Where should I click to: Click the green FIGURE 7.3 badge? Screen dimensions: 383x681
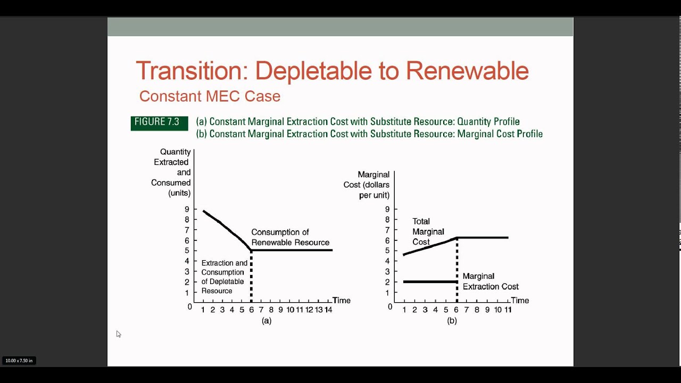(x=159, y=123)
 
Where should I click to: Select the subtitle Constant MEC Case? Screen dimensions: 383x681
(x=210, y=96)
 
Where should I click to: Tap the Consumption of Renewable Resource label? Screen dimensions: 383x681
(x=290, y=237)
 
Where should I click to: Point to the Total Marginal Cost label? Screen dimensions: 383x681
(x=428, y=231)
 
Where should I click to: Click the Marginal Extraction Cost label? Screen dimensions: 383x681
(x=490, y=281)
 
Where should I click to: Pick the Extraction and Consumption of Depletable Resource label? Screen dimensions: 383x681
(x=224, y=277)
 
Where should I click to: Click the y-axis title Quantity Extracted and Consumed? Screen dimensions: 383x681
(x=171, y=172)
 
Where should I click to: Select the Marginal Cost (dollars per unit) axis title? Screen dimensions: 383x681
(x=367, y=185)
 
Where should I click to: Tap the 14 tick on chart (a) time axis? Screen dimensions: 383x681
(x=328, y=310)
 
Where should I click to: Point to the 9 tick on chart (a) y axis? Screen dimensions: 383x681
(x=187, y=210)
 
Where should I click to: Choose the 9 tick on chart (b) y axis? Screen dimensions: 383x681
(x=387, y=210)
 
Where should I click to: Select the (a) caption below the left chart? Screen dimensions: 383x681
(x=267, y=321)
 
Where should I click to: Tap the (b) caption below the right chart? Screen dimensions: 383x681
(x=452, y=321)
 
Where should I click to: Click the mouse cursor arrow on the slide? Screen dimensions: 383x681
(x=118, y=334)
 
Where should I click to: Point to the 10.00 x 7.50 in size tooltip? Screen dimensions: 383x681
(x=19, y=361)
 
